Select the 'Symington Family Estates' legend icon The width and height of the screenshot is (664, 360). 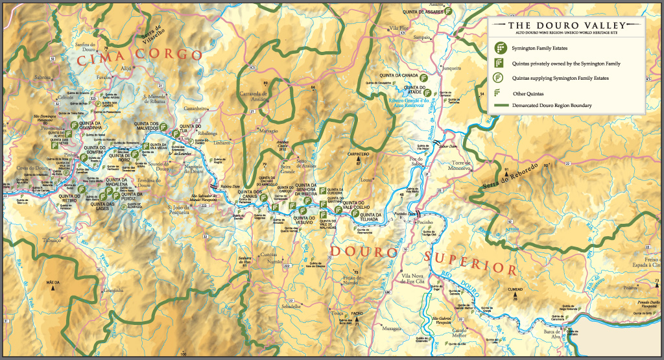click(499, 49)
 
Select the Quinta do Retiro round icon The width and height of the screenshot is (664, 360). click(84, 188)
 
